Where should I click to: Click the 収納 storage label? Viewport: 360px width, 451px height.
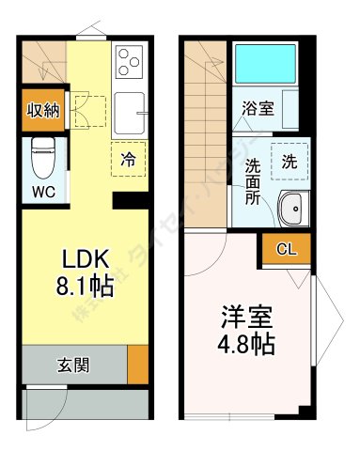(41, 110)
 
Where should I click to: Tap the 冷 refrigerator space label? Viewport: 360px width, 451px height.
(127, 160)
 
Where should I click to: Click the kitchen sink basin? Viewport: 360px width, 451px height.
(130, 115)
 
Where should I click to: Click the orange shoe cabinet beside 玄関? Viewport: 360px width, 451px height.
(137, 365)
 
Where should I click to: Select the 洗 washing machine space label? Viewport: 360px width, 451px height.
(288, 161)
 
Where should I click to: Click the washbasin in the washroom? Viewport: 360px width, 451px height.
(291, 207)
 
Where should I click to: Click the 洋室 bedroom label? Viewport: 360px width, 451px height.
(247, 317)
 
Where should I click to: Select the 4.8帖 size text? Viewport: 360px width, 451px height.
(248, 344)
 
